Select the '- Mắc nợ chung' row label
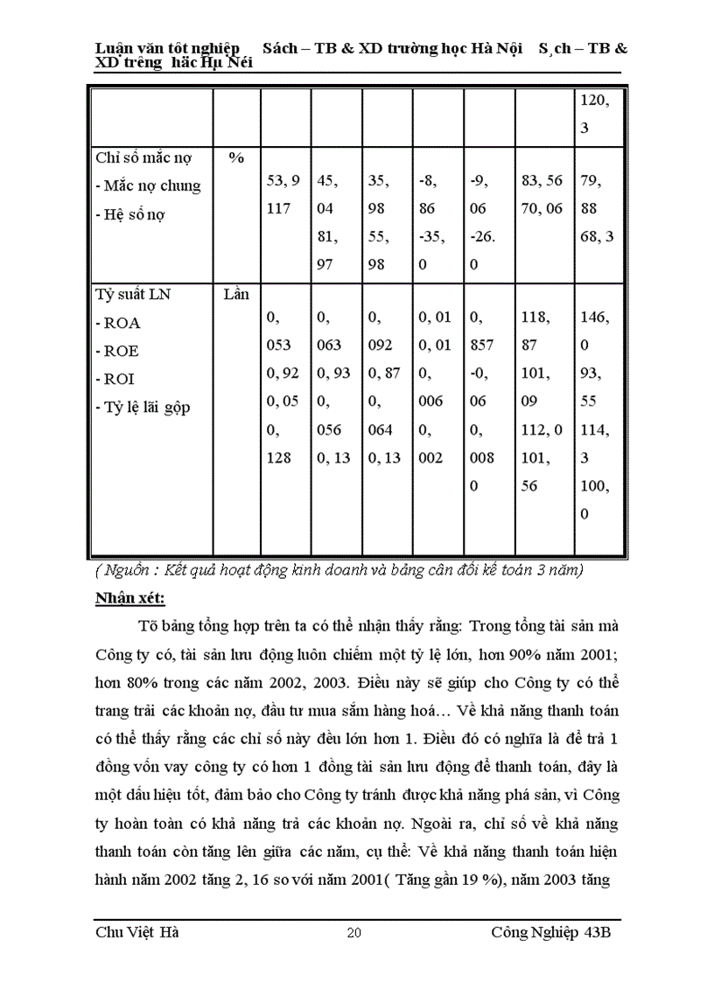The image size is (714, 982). [148, 186]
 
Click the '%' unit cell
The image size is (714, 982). [235, 158]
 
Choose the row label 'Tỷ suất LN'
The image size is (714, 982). [133, 295]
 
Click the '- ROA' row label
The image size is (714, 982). [118, 323]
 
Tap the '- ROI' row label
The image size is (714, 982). [115, 379]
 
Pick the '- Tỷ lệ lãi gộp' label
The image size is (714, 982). [143, 407]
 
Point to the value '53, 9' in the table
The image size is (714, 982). [283, 180]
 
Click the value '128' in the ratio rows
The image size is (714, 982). [279, 457]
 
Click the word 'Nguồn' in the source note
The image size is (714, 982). [126, 571]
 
